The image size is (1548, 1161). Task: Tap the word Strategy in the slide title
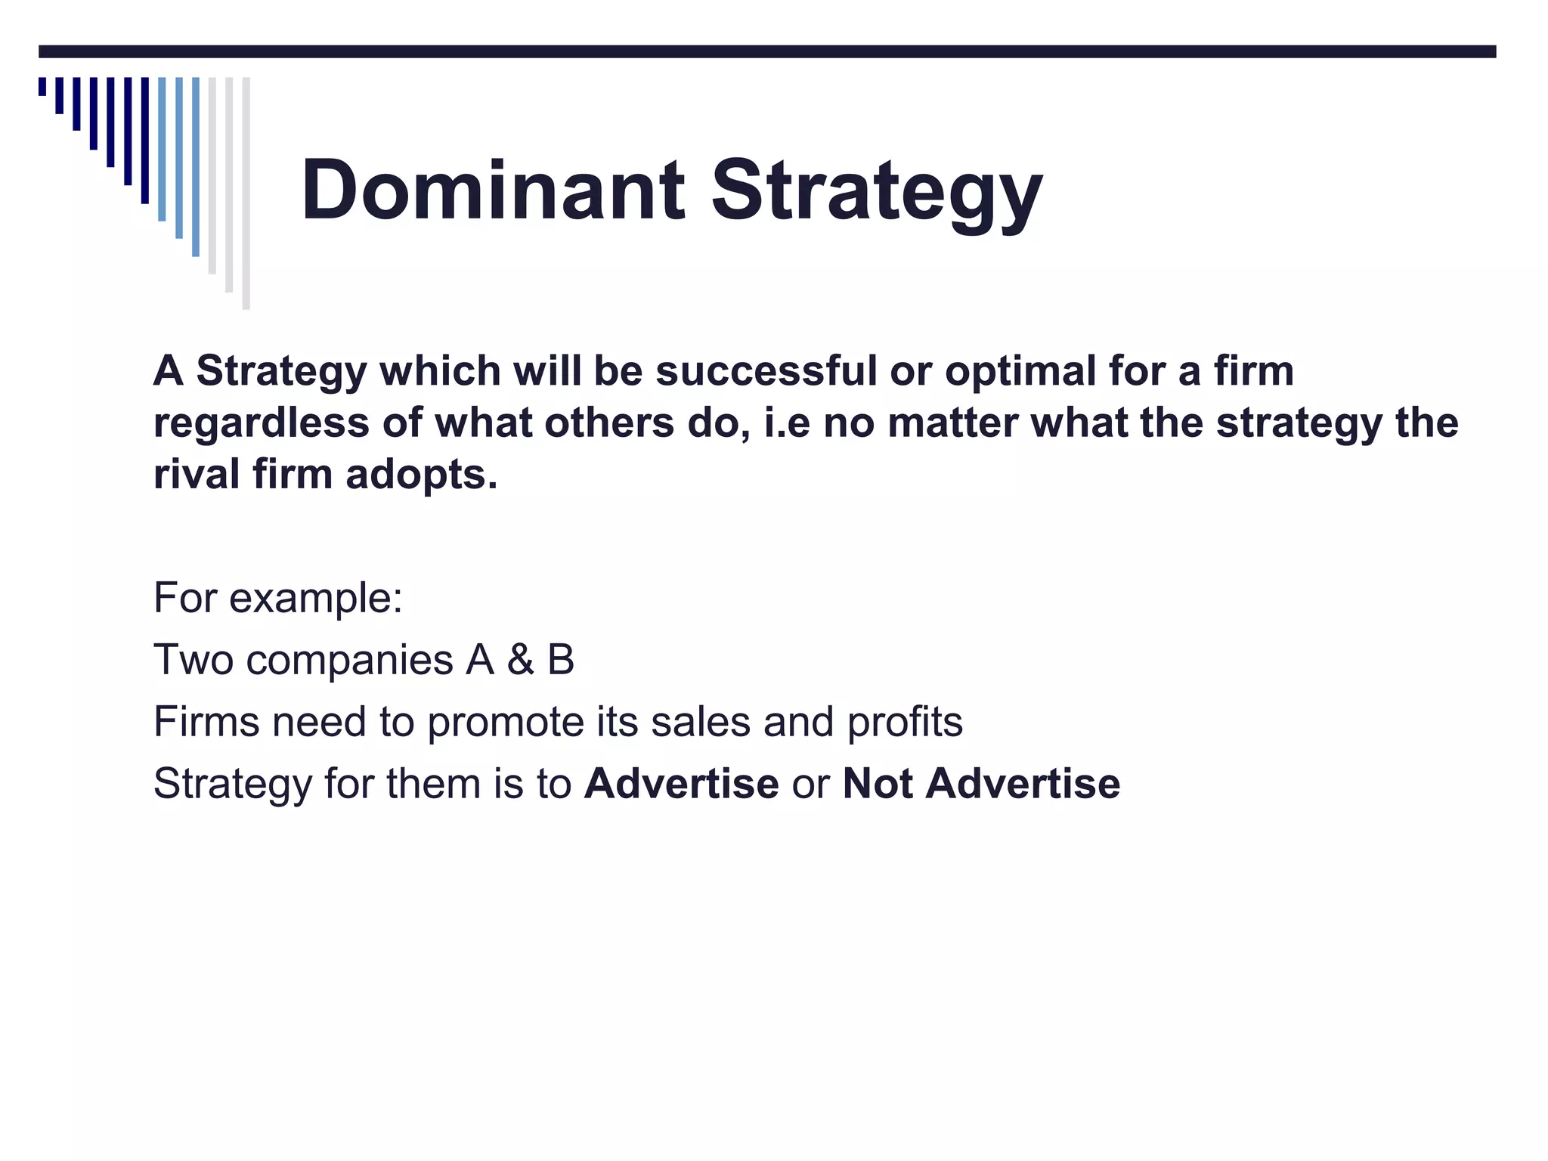point(877,193)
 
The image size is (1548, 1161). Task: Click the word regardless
point(262,424)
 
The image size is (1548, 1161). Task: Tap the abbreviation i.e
point(787,423)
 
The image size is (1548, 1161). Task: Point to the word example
point(315,599)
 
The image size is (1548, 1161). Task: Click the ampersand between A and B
point(521,659)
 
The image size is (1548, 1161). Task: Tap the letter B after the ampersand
point(561,659)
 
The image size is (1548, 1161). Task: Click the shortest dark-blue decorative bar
point(42,86)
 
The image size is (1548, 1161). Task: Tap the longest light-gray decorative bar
point(246,193)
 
